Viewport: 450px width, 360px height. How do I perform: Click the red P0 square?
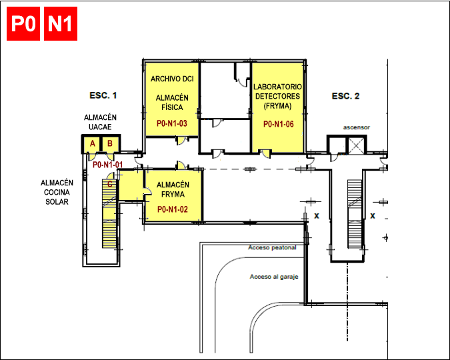[x=23, y=23]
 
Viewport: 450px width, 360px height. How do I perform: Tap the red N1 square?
[x=61, y=23]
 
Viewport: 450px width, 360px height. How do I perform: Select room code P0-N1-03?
[x=172, y=123]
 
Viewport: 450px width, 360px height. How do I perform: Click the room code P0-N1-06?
[x=279, y=124]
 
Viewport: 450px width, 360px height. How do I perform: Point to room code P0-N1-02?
[x=173, y=209]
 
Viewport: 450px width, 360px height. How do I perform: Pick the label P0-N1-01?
[x=107, y=165]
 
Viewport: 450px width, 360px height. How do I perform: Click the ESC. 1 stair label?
[x=103, y=95]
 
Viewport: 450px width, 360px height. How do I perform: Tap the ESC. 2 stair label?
[x=345, y=96]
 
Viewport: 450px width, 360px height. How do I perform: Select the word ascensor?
[x=357, y=127]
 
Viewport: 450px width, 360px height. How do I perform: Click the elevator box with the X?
[x=356, y=145]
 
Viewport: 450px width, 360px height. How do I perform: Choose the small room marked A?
[x=92, y=144]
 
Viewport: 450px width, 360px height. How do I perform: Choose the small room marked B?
[x=110, y=144]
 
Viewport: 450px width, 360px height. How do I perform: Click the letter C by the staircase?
[x=110, y=184]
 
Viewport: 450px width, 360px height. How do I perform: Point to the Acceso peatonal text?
[x=272, y=247]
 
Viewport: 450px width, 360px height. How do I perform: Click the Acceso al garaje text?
[x=274, y=277]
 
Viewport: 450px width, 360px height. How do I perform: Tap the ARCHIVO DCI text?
[x=172, y=79]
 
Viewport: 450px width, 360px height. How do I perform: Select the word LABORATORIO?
[x=277, y=87]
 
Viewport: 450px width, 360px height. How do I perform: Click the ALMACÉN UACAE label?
[x=100, y=122]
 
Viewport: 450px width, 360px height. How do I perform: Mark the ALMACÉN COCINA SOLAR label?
[x=57, y=193]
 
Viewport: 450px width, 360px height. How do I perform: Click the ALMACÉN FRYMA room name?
[x=173, y=189]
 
